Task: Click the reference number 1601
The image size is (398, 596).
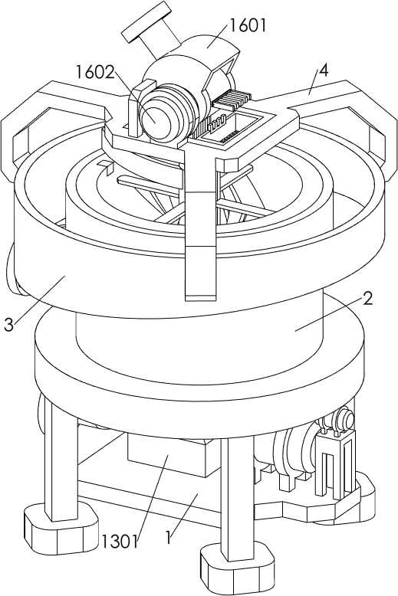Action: tap(246, 25)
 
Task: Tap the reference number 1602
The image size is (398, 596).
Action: tap(95, 72)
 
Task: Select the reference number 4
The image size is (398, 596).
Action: tap(323, 70)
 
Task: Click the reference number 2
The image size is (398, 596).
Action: tap(367, 299)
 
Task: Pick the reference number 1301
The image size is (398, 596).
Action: tap(120, 542)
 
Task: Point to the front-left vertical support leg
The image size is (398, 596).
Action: tap(61, 456)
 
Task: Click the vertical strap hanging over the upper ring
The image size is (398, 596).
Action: tap(200, 228)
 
